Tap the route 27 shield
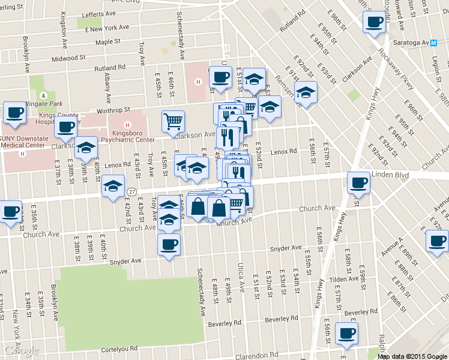click(x=131, y=191)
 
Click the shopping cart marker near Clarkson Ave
click(x=173, y=122)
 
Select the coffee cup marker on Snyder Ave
click(x=168, y=245)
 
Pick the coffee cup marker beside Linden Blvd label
click(x=359, y=182)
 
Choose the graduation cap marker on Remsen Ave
click(x=306, y=93)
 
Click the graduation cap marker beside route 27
click(x=112, y=186)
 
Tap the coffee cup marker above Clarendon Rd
click(x=346, y=334)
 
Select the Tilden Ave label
click(x=343, y=279)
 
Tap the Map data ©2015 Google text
click(x=412, y=356)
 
